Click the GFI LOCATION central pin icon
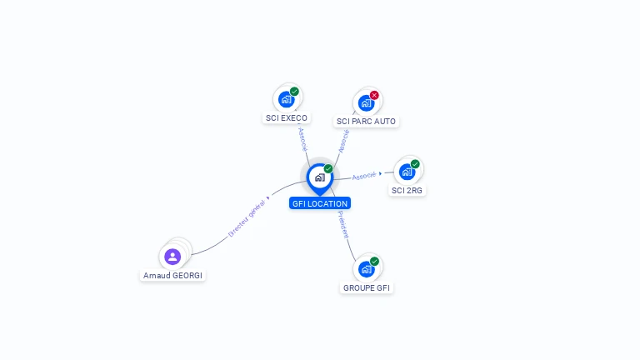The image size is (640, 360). (x=319, y=177)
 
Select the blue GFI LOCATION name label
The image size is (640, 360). (x=319, y=203)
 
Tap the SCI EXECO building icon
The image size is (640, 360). (x=286, y=99)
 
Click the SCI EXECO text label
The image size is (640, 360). (x=287, y=118)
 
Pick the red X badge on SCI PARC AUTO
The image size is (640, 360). (x=374, y=95)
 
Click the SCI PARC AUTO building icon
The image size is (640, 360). (x=365, y=103)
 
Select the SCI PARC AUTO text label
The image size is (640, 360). (x=366, y=122)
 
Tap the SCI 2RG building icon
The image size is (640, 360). (x=407, y=172)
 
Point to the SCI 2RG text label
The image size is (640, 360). (x=407, y=191)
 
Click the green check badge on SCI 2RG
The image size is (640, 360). (x=415, y=164)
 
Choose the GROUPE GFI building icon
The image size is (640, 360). (x=366, y=269)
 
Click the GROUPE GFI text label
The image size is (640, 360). (x=367, y=288)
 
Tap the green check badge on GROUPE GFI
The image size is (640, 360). (x=374, y=262)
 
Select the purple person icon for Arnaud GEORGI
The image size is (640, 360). (x=172, y=256)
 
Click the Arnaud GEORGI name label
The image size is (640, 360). (x=173, y=275)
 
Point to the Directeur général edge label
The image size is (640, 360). (x=247, y=220)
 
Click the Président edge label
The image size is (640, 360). (x=343, y=224)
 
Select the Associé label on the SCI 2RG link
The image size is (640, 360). (x=364, y=176)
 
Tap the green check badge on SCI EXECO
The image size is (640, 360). (x=294, y=92)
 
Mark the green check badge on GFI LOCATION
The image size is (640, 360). (x=328, y=169)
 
